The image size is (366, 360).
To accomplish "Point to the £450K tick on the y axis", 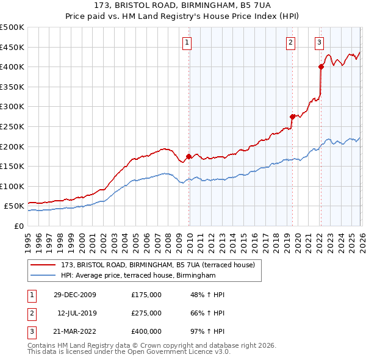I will coord(12,47).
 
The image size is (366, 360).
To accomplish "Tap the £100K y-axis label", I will coord(12,186).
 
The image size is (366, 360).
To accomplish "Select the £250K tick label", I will coord(12,126).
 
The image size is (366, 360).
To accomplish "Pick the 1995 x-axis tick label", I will coord(27,243).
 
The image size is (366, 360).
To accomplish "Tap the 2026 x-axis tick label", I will coord(361,243).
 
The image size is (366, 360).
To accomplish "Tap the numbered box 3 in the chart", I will coord(319,42).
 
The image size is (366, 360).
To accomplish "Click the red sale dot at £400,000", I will coord(321,67).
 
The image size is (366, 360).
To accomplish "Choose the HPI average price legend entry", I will coord(138,276).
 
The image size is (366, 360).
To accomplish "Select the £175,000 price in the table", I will coord(146,295).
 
